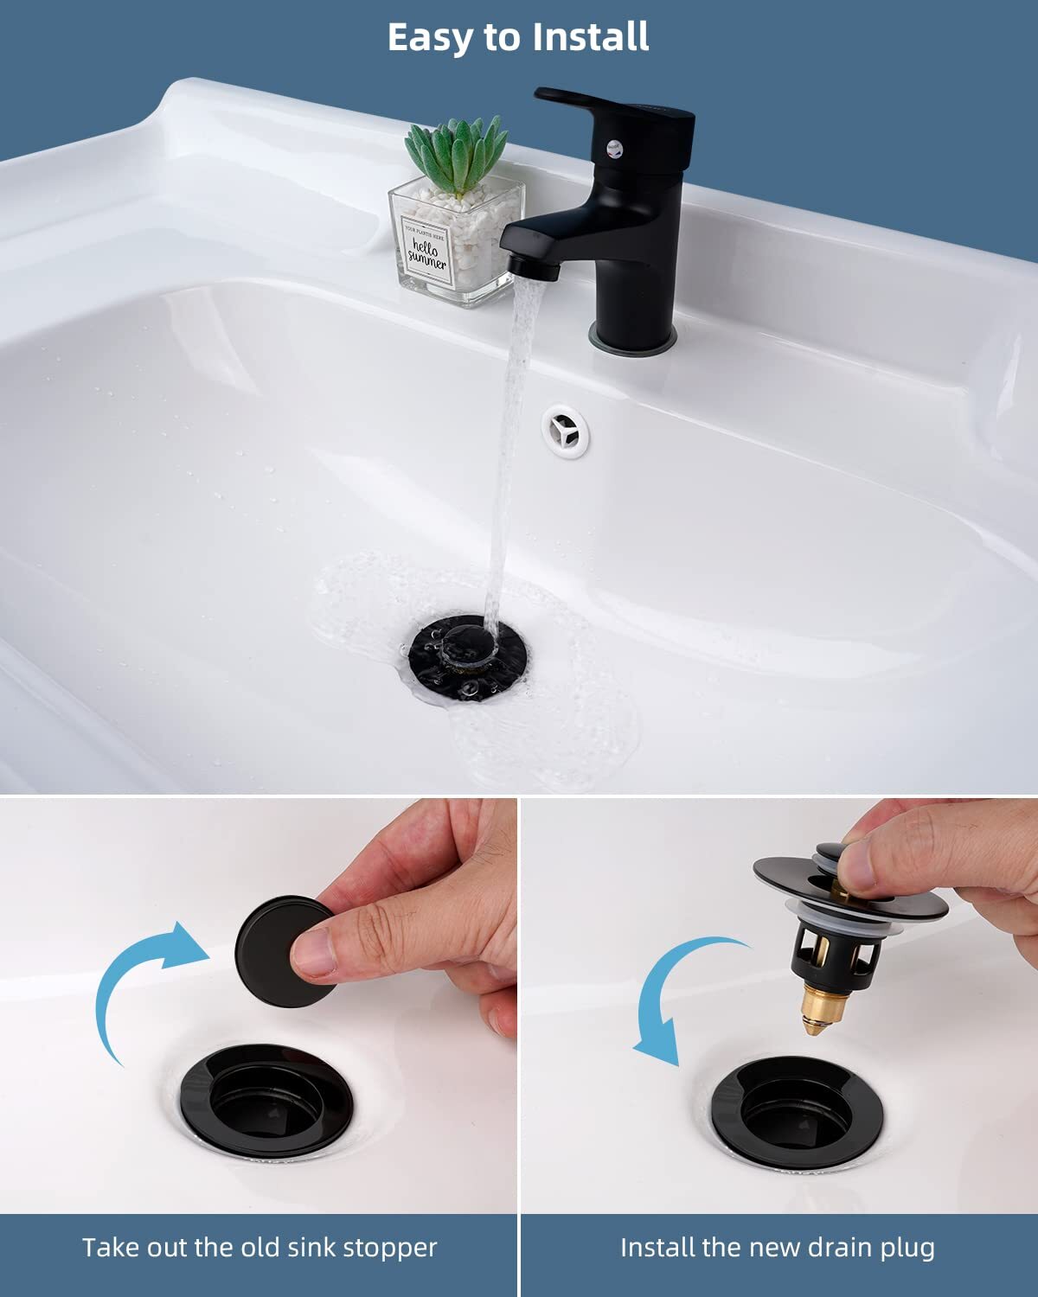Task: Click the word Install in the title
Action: (591, 37)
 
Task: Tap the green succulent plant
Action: (456, 156)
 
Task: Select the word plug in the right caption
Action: (908, 1248)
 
